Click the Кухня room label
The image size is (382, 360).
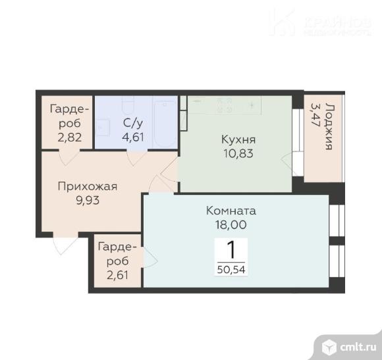pyautogui.click(x=238, y=140)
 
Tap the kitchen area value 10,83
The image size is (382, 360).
pyautogui.click(x=238, y=153)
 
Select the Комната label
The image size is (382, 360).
pyautogui.click(x=231, y=211)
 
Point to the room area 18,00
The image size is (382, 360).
pyautogui.click(x=231, y=224)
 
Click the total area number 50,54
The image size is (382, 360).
pyautogui.click(x=231, y=269)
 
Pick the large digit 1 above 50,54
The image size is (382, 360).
pyautogui.click(x=231, y=250)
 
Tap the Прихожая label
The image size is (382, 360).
pyautogui.click(x=88, y=187)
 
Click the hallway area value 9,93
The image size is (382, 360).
pyautogui.click(x=88, y=201)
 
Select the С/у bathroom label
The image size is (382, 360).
pyautogui.click(x=133, y=123)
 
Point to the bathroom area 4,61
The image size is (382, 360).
pyautogui.click(x=133, y=137)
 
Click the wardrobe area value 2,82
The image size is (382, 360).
pyautogui.click(x=69, y=138)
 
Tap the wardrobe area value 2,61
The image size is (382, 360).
pyautogui.click(x=117, y=275)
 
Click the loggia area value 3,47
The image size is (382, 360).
pyautogui.click(x=315, y=115)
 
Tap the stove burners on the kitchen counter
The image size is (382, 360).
pyautogui.click(x=224, y=105)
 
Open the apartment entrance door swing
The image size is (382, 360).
pyautogui.click(x=65, y=244)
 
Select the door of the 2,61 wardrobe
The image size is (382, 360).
pyautogui.click(x=150, y=258)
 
